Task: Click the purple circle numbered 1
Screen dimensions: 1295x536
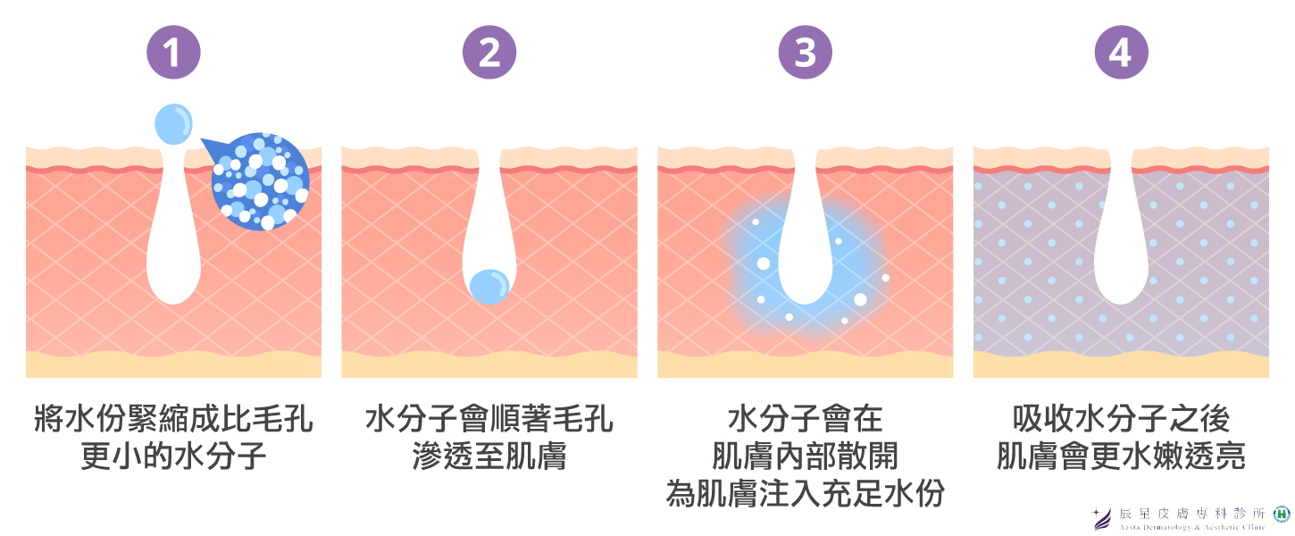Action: click(173, 52)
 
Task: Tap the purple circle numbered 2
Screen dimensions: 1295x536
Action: click(489, 52)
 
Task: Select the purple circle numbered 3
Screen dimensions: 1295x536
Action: click(806, 52)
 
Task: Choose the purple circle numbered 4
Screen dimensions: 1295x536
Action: click(1122, 52)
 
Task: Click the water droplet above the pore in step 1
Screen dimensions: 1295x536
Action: click(173, 123)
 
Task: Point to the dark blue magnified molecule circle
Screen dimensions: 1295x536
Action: click(260, 181)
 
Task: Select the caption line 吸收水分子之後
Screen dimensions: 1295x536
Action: click(1122, 419)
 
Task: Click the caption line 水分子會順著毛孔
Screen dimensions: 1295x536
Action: click(489, 419)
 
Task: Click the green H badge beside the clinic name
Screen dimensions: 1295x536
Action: click(1282, 515)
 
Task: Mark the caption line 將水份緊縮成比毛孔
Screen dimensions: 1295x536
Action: click(173, 419)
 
